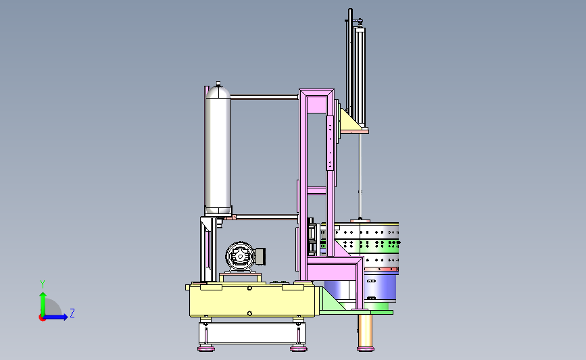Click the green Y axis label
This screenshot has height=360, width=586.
click(43, 284)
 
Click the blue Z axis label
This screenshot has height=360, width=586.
click(72, 313)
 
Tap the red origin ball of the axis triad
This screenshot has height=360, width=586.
click(42, 318)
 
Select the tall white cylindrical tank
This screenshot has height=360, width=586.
click(218, 150)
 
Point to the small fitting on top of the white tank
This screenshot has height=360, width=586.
click(218, 83)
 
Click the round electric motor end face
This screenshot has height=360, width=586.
click(240, 256)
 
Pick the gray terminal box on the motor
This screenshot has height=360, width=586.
click(260, 256)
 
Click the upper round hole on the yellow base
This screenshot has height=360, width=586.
click(249, 288)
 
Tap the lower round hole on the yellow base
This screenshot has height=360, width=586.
click(249, 313)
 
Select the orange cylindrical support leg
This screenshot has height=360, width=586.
click(366, 330)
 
